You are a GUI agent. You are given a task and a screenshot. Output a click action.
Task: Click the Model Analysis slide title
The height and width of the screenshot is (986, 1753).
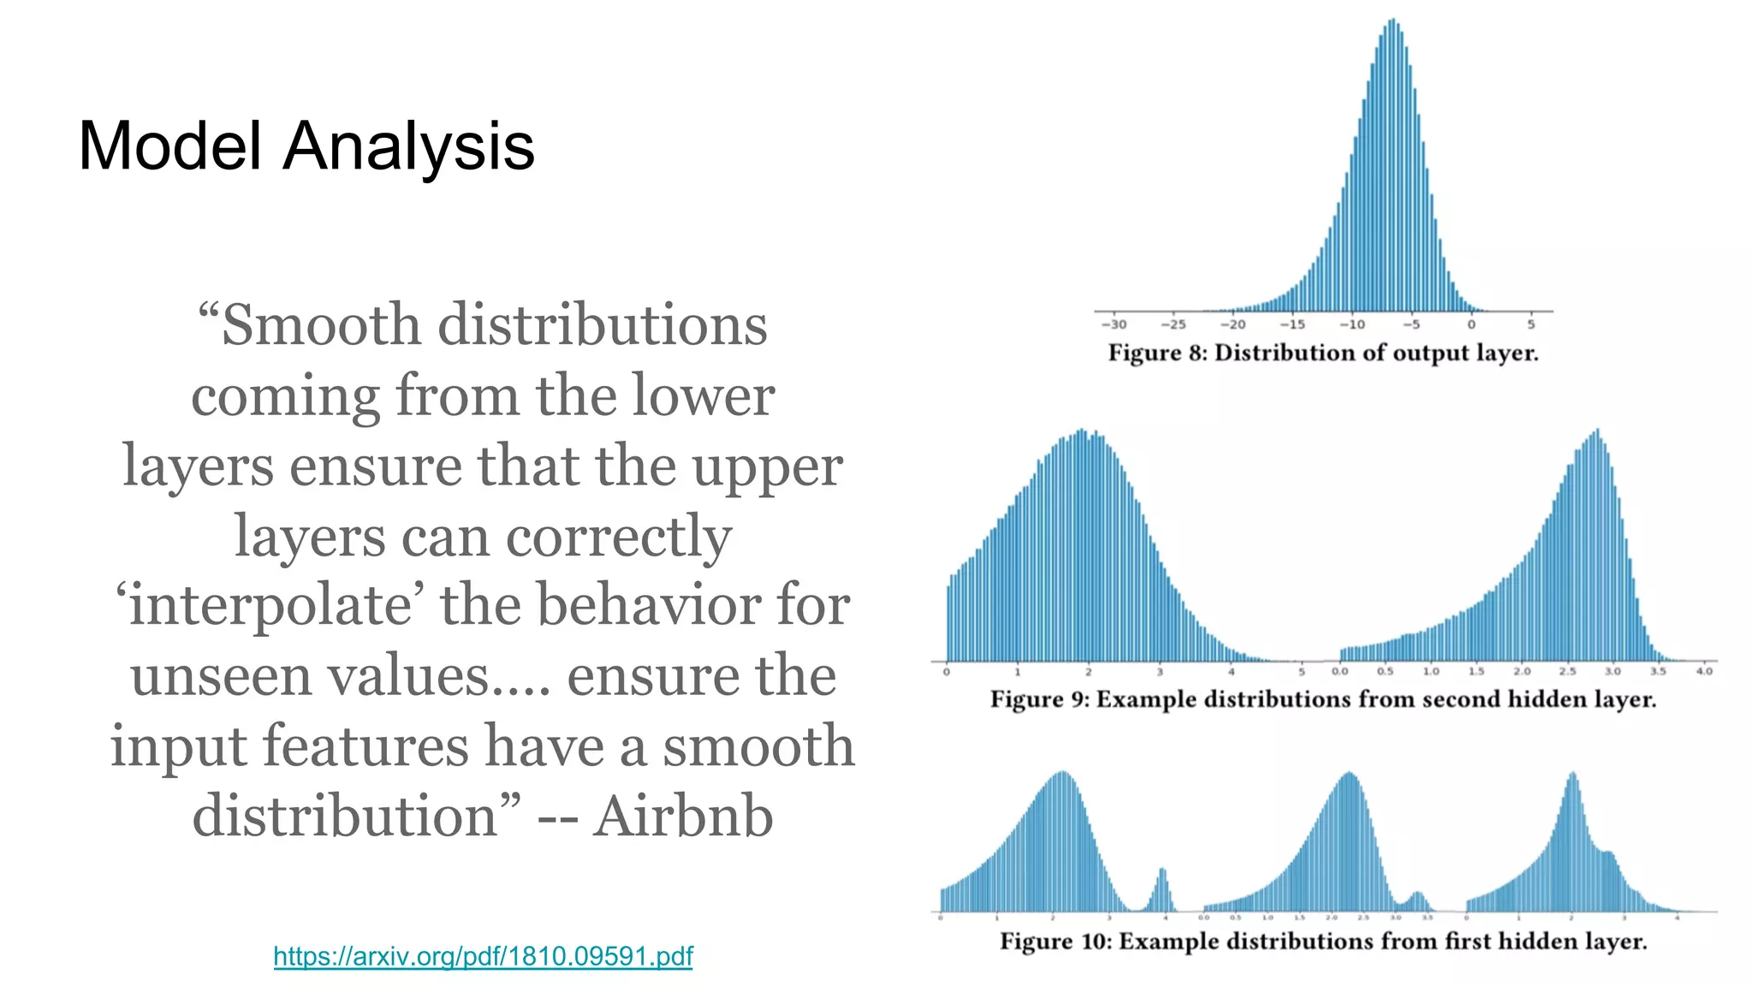[x=306, y=146]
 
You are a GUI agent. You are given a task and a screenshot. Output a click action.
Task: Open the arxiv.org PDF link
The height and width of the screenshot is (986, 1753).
[x=483, y=956]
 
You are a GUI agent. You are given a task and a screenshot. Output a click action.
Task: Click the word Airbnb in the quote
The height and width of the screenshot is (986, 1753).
[x=683, y=816]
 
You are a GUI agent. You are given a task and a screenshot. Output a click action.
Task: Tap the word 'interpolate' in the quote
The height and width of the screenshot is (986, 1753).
[x=270, y=605]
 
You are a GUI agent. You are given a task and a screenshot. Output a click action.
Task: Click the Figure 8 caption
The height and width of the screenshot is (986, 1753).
[x=1322, y=353]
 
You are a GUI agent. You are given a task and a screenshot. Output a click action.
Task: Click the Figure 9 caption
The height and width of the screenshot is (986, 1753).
[x=1322, y=699]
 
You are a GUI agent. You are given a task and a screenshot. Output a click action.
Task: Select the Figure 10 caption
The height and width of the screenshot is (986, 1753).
[x=1322, y=941]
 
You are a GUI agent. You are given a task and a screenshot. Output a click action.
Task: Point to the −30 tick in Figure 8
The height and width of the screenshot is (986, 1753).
[x=1113, y=324]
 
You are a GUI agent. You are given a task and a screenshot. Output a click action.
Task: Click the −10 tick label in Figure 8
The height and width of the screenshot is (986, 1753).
[x=1352, y=324]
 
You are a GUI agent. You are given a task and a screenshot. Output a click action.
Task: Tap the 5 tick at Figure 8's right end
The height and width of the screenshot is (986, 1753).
[x=1530, y=324]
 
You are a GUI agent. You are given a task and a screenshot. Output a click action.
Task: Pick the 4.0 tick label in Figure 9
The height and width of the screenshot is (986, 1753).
[x=1703, y=671]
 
